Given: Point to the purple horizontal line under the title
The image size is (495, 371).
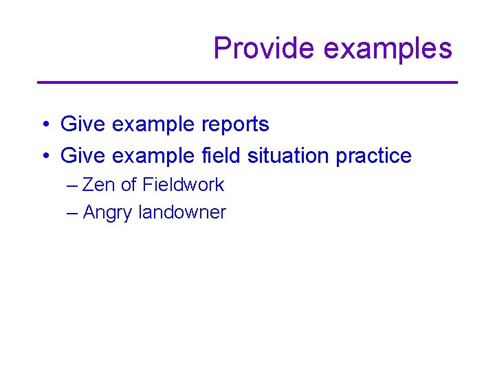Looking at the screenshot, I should click(247, 82).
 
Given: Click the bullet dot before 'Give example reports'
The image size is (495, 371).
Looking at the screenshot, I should click(43, 125).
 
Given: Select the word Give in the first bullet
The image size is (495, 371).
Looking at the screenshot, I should click(79, 124).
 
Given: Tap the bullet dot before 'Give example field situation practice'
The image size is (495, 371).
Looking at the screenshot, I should click(43, 157).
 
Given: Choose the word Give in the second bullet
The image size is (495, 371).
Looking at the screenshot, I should click(79, 156).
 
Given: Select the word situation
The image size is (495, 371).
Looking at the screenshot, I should click(288, 156).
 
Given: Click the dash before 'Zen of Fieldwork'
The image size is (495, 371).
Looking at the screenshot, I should click(72, 185).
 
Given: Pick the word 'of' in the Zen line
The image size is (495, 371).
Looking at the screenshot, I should click(129, 185).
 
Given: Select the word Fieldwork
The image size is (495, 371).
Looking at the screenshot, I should click(183, 185).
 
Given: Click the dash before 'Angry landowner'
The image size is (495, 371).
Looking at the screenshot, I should click(72, 213).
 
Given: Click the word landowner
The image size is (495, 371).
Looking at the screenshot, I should click(182, 212).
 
